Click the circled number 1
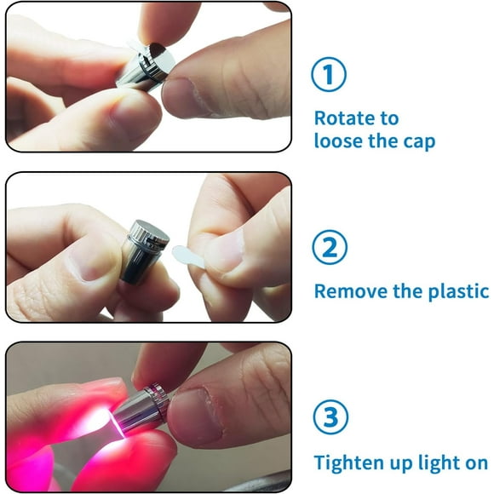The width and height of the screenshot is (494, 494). pyautogui.click(x=328, y=76)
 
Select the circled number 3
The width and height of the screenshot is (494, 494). pyautogui.click(x=328, y=417)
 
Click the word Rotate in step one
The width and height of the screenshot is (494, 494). pyautogui.click(x=344, y=118)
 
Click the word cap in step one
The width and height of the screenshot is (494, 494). pyautogui.click(x=417, y=141)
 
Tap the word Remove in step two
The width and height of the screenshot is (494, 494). pyautogui.click(x=348, y=290)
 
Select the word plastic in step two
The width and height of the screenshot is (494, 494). pyautogui.click(x=457, y=290)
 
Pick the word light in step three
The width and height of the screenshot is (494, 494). pyautogui.click(x=431, y=462)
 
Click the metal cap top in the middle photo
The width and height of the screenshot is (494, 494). pyautogui.click(x=149, y=231)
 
